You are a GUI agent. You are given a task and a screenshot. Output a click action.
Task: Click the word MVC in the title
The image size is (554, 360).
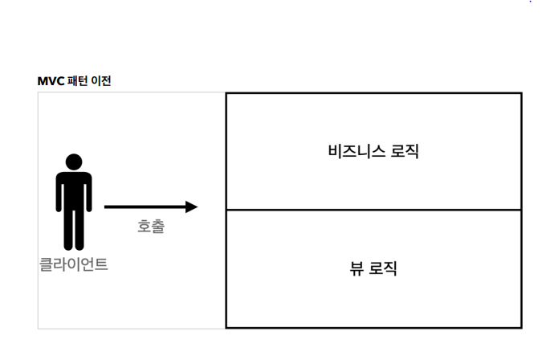51,81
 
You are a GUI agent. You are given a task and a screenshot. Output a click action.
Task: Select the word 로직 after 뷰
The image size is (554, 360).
383,269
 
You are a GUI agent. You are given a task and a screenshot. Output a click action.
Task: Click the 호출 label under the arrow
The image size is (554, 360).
150,227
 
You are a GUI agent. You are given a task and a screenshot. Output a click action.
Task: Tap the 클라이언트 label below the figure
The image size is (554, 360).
74,264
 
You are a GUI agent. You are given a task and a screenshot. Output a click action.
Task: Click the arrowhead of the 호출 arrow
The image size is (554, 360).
191,207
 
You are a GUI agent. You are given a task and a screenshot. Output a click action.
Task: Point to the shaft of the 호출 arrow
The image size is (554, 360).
145,207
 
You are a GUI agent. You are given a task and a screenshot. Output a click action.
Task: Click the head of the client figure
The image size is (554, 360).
74,161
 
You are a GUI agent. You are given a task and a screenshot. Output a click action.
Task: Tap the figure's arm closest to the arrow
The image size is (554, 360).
88,197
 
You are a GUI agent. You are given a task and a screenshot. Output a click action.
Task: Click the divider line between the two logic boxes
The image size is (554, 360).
373,210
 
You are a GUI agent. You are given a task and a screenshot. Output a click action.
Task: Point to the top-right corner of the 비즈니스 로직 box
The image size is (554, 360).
521,93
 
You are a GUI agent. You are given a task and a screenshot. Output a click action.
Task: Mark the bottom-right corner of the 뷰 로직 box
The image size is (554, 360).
521,327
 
